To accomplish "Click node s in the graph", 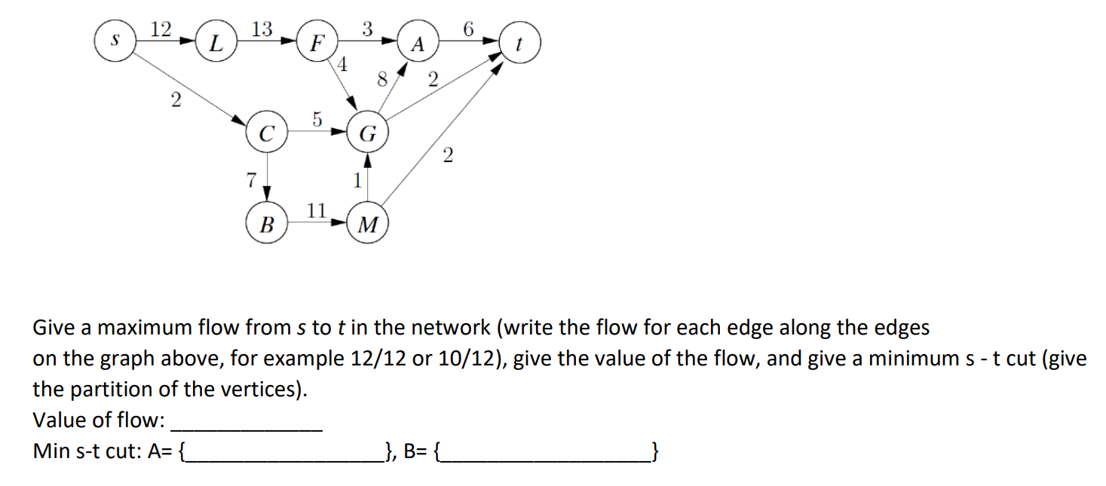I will pos(115,41).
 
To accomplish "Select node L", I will pos(216,43).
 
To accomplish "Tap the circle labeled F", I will pos(317,43).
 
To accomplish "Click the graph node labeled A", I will pos(418,43).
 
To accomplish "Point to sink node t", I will pos(519,43).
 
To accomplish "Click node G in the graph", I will pos(367,135).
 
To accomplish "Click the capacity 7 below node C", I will pos(250,179).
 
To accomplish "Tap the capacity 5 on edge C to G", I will pos(317,118).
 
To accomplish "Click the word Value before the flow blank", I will pos(58,420).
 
